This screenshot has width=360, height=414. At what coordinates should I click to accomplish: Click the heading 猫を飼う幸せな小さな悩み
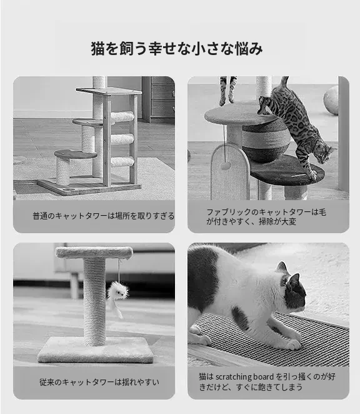[177, 49]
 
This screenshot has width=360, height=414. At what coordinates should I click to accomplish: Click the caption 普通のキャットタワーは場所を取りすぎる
[104, 216]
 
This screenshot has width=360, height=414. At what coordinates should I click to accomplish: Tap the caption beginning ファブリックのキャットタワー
[266, 217]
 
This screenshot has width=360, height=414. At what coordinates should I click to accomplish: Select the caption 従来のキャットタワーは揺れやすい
[99, 382]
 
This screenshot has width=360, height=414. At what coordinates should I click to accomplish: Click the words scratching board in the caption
[244, 376]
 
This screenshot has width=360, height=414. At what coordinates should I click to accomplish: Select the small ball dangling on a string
[226, 166]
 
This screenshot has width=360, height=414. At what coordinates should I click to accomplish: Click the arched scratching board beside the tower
[230, 171]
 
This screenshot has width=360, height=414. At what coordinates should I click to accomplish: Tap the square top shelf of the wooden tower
[109, 91]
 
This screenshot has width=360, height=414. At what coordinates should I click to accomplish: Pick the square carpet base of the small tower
[96, 350]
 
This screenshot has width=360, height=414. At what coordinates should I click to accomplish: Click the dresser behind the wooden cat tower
[158, 99]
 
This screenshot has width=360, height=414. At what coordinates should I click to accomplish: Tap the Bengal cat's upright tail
[283, 83]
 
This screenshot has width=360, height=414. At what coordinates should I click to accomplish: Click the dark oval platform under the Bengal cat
[287, 170]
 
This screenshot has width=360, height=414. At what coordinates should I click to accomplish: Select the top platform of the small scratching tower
[94, 252]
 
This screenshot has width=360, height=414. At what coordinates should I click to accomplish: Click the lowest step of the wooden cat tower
[76, 154]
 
